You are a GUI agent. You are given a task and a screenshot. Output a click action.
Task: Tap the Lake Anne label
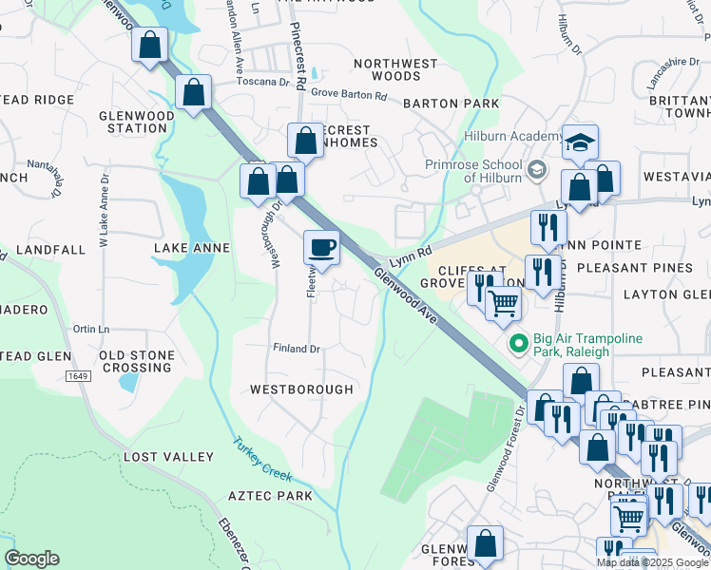[192, 248]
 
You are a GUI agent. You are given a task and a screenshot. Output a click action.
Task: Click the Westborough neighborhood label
[301, 389]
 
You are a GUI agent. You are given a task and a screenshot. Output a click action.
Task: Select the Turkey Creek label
[262, 458]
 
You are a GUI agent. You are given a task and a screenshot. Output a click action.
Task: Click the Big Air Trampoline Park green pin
[518, 345]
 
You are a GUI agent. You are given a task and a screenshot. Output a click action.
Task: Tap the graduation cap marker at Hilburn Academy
[580, 142]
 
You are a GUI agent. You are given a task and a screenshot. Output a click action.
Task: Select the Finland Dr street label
[297, 349]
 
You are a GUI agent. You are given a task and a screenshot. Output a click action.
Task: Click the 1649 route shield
[78, 377]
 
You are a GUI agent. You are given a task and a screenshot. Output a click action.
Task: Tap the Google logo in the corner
[31, 559]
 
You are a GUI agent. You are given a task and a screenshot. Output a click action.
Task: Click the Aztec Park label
[270, 496]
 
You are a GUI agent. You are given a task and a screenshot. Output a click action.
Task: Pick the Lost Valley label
[168, 457]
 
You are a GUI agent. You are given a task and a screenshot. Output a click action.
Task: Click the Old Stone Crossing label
[137, 361]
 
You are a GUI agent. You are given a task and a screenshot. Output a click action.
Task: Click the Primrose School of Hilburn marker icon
[537, 169]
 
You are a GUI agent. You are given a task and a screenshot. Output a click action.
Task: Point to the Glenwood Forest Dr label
[506, 448]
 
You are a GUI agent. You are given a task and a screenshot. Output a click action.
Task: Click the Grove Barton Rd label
[349, 96]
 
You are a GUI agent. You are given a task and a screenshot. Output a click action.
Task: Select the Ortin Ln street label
[91, 329]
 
